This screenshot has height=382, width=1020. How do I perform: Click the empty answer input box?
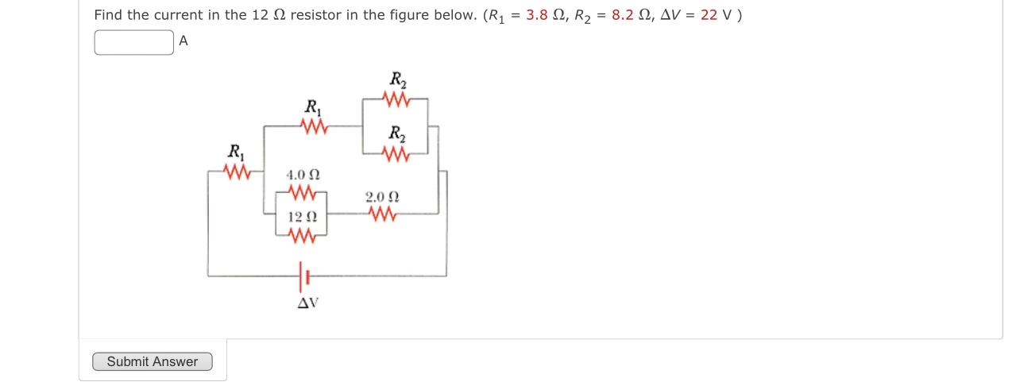tap(133, 42)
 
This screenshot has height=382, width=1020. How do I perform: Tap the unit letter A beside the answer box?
tap(184, 41)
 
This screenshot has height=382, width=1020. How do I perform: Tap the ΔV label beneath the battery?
tap(307, 303)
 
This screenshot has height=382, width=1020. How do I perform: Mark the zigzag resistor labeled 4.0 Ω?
tap(302, 193)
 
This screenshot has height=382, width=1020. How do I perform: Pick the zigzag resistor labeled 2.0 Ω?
tap(382, 214)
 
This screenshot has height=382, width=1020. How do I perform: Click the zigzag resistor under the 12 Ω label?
tap(302, 235)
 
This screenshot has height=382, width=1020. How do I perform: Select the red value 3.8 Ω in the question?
tap(544, 16)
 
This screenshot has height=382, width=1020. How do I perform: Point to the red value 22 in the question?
tap(709, 16)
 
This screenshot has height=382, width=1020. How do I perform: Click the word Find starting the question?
tap(108, 16)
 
